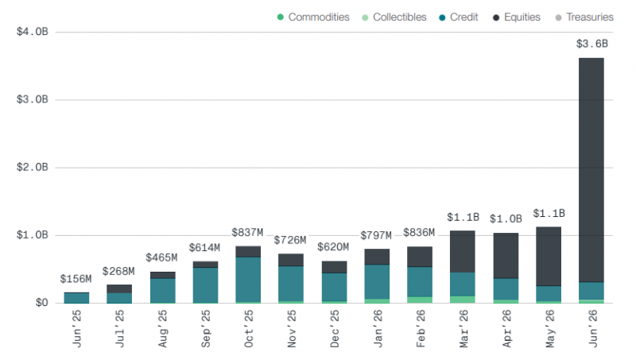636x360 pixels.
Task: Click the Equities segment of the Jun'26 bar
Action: [591, 170]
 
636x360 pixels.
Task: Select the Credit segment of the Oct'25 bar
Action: [248, 279]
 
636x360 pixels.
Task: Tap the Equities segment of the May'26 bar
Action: [549, 256]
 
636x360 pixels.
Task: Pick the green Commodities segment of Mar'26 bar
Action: [463, 300]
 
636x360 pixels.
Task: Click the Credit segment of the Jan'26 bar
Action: [377, 282]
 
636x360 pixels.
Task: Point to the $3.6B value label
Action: [592, 44]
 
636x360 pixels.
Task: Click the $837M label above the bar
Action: [247, 233]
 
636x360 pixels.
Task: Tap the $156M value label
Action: [76, 279]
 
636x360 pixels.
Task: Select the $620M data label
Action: [333, 247]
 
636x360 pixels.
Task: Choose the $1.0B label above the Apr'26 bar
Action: [506, 219]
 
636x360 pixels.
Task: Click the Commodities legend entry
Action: [313, 17]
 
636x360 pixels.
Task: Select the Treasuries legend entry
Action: [584, 17]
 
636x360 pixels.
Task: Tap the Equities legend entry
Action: [517, 17]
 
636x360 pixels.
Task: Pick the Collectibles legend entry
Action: [394, 17]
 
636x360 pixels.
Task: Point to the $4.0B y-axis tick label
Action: [32, 32]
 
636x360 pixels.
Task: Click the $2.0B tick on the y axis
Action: [32, 167]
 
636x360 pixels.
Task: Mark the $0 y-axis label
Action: [42, 303]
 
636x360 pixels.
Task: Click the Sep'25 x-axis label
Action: [206, 328]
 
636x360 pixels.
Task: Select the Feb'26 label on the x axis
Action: [421, 328]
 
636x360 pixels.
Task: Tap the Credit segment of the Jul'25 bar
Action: [119, 298]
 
